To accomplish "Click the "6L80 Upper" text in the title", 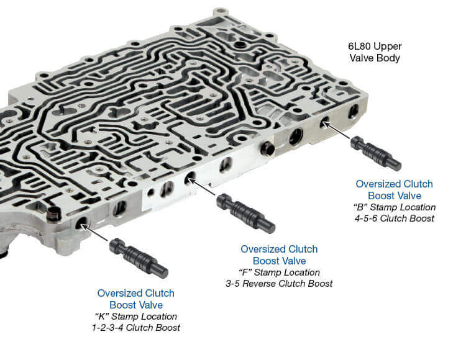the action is click(x=375, y=47).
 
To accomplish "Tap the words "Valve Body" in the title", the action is click(x=375, y=58).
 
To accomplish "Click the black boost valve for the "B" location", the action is click(x=376, y=153).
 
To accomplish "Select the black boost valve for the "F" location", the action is click(x=245, y=213).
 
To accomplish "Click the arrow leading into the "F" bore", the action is click(x=201, y=187).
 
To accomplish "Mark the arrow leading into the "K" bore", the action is click(x=94, y=232).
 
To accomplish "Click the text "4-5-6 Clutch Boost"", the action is click(x=394, y=218).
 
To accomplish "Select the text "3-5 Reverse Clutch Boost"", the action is click(x=279, y=284).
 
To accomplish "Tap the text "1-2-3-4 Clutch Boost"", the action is click(x=136, y=327).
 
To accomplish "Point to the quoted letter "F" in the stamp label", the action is click(x=245, y=272).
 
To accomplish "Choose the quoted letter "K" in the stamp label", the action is click(x=101, y=316).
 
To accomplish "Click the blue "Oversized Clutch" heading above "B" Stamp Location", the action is click(x=394, y=184).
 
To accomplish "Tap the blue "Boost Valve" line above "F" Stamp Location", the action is click(x=279, y=261).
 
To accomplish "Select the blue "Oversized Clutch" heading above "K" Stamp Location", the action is click(x=136, y=293).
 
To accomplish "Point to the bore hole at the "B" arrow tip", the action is click(x=324, y=122).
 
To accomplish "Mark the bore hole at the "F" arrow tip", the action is click(x=189, y=178).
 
